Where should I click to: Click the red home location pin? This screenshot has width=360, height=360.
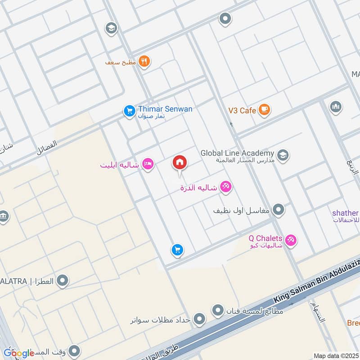pos(180,163)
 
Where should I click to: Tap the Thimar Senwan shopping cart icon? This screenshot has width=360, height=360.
pos(130,110)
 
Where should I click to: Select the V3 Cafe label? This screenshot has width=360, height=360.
pos(242,110)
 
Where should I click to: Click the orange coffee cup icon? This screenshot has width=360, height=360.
pos(265,110)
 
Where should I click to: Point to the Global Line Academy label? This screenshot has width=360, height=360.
pos(237,153)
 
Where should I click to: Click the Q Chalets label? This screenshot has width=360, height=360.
pos(265,238)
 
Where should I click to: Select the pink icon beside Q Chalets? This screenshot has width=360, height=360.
pos(291,241)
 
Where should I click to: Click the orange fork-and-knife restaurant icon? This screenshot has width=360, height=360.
pos(144,62)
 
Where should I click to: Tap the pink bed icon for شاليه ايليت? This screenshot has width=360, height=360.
pos(147,164)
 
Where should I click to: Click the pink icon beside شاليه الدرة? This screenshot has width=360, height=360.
pos(226,187)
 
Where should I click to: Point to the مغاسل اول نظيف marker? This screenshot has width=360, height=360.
pos(279,210)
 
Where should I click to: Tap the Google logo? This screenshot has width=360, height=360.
pos(18,353)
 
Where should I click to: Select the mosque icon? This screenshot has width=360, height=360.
pos(335,107)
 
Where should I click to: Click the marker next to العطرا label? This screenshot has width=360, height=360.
pos(63,282)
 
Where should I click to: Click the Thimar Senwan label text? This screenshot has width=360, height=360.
pos(165,109)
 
